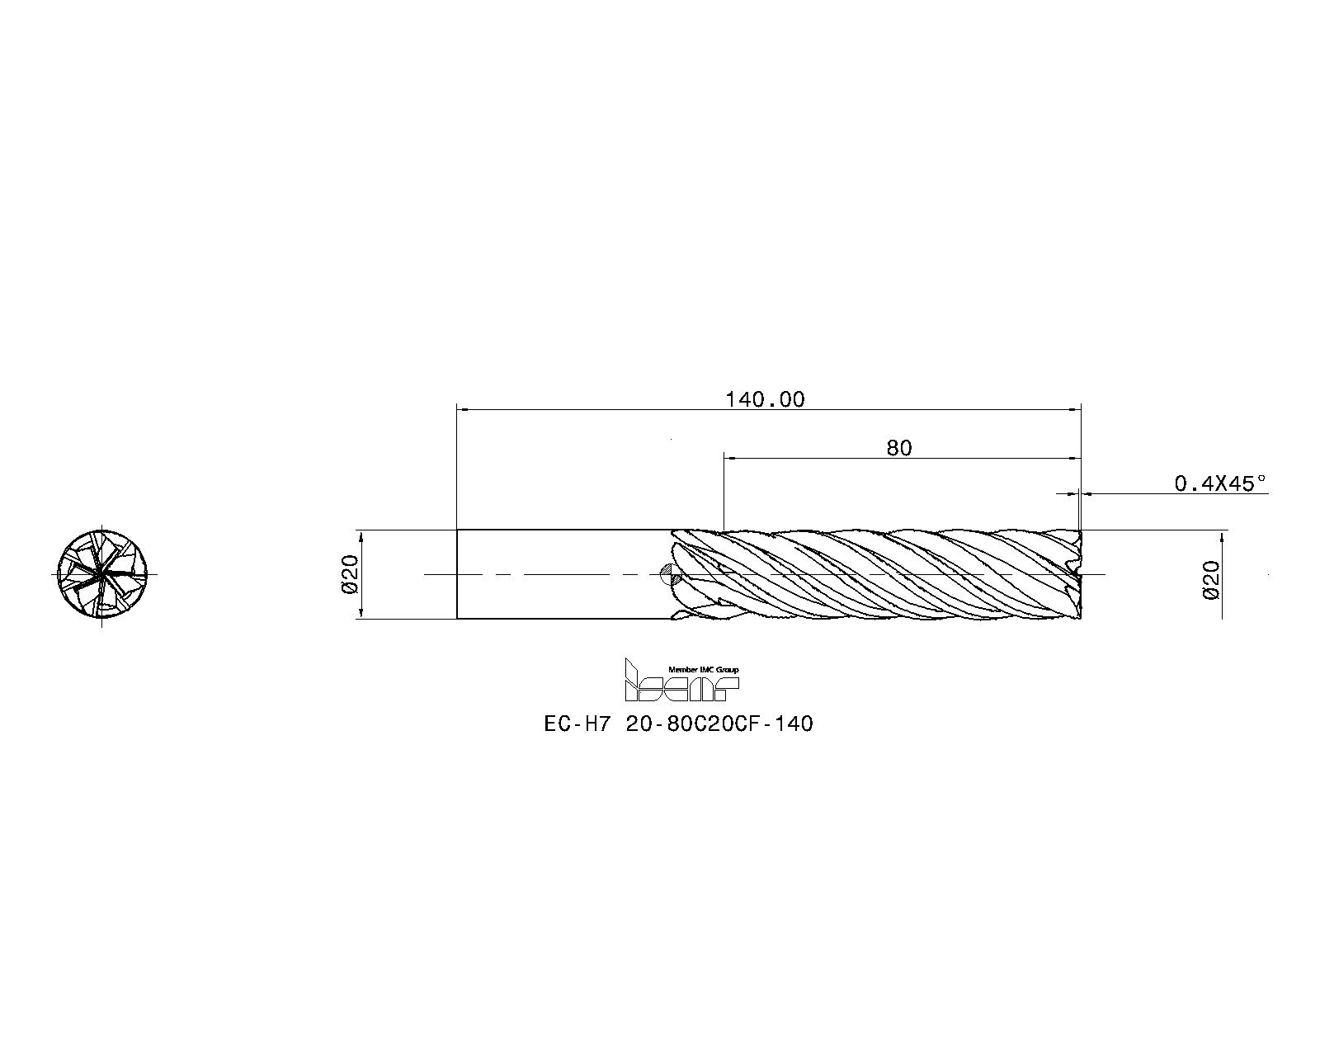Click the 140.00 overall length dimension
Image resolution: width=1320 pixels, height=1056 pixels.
click(x=764, y=400)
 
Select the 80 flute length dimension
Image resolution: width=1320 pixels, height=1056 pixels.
click(x=899, y=448)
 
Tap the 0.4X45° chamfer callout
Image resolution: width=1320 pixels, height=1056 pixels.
click(x=1219, y=483)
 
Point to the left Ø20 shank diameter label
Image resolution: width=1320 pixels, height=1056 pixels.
click(x=348, y=573)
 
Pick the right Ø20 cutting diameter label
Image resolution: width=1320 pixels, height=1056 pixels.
click(x=1211, y=579)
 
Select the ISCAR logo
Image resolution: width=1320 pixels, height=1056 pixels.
click(x=681, y=680)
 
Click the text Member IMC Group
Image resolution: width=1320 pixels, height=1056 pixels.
click(x=703, y=669)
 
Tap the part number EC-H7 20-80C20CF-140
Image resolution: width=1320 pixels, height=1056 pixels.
click(x=678, y=724)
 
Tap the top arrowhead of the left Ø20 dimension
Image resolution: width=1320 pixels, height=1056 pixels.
click(x=361, y=535)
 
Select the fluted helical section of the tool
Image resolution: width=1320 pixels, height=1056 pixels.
click(x=874, y=573)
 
